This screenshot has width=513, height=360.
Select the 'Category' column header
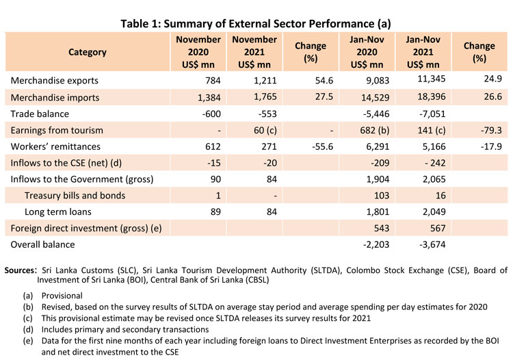[88, 52]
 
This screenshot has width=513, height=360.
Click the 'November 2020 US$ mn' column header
[198, 52]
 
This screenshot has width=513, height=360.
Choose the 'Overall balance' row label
[44, 244]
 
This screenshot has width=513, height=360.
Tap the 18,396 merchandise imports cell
[420, 97]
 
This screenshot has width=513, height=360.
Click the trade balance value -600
[208, 114]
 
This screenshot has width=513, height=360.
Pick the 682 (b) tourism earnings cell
[363, 130]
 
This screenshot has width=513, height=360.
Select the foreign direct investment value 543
[369, 228]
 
